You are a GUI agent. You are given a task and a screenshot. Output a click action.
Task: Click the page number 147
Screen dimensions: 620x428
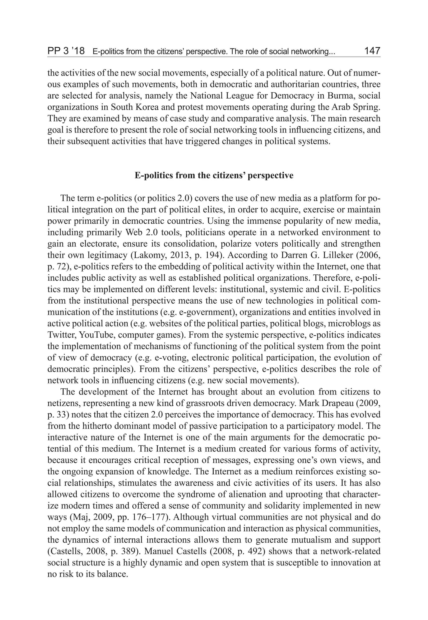tap(372, 51)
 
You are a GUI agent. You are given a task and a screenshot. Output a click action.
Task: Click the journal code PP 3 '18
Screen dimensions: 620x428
tap(66, 51)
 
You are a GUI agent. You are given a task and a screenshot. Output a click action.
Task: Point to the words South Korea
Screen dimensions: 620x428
tap(134, 107)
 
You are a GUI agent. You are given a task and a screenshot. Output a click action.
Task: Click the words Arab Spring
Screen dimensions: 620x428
tap(356, 107)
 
